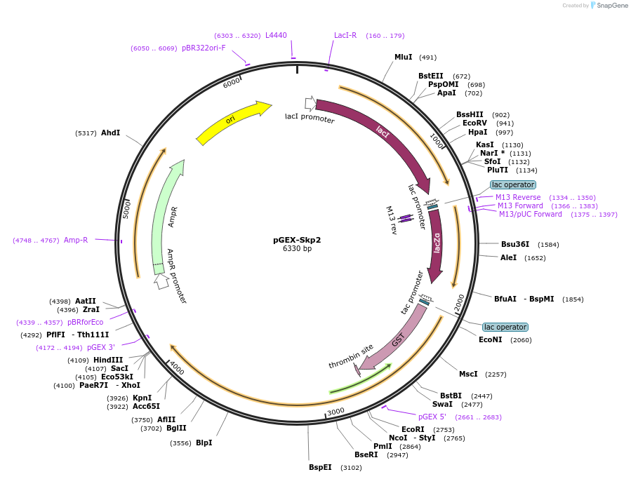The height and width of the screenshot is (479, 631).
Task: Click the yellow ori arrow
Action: (232, 122)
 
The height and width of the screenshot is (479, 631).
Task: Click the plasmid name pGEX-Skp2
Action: (297, 239)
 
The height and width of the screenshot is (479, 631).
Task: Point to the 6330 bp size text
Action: (297, 249)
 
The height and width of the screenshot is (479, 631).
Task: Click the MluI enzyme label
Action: (403, 58)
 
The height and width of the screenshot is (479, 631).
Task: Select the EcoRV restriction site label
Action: (474, 123)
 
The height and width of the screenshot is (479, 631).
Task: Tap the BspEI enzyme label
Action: (320, 467)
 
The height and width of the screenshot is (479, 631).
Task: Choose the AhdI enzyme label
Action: (110, 133)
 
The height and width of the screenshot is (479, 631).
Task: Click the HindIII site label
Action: (108, 360)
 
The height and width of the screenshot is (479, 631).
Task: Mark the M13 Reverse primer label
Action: (518, 197)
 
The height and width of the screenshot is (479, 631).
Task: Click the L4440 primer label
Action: (276, 36)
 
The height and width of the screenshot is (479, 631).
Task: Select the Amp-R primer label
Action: (76, 240)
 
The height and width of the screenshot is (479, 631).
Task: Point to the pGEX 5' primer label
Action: (432, 417)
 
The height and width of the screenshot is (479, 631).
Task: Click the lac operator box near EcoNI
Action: (505, 328)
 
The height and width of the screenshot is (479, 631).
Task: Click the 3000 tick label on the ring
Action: (336, 412)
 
